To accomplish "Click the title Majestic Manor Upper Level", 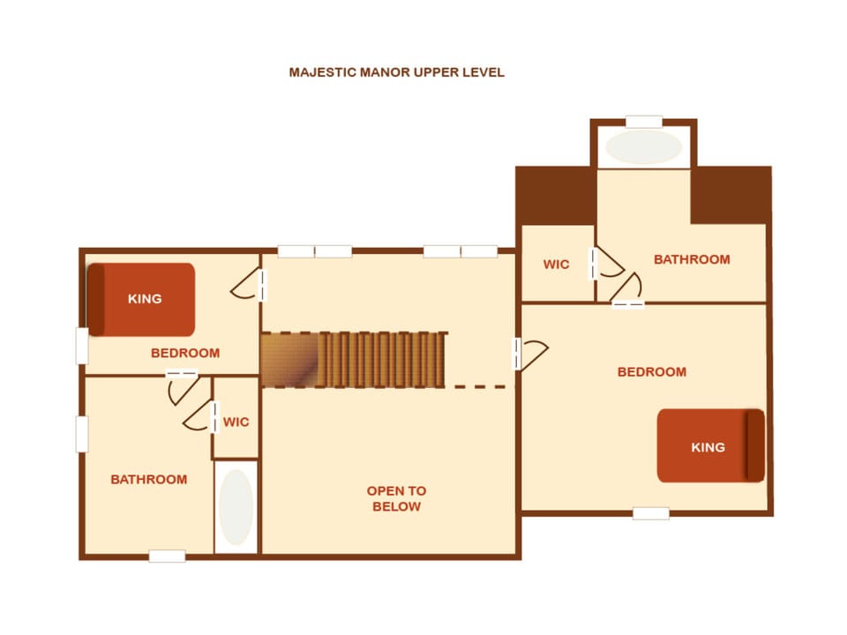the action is point(396,72).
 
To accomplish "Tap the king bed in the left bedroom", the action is point(141,300).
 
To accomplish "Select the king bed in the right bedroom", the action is point(711,446).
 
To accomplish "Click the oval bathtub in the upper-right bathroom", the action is point(643,147).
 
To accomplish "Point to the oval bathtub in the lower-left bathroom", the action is point(236,508).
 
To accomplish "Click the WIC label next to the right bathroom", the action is point(557,265).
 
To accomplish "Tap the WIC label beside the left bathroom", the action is point(236,422).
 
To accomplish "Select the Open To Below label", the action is point(396,498).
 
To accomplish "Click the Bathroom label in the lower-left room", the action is point(149,480).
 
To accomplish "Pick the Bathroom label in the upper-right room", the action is point(692,259).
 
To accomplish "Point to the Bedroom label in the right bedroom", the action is point(652,372).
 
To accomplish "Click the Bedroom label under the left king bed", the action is point(185,353).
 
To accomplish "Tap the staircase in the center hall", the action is point(355,360).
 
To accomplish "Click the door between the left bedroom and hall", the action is point(250,285).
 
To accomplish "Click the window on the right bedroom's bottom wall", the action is point(651,513).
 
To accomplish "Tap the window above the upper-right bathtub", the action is point(644,122).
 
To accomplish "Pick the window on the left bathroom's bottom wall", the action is point(167,556).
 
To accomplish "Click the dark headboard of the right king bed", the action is point(756,446).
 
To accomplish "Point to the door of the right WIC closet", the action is point(606,264).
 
